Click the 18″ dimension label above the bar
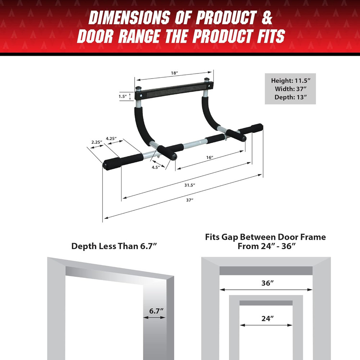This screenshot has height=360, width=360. point(174,73)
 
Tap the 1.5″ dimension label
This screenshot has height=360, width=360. point(122,96)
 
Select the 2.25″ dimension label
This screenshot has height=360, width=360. point(96,142)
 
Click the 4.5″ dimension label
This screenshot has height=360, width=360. point(156,167)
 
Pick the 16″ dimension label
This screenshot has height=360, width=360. point(210,157)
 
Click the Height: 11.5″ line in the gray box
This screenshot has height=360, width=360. point(290,81)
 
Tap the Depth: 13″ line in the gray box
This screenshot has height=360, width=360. point(290,97)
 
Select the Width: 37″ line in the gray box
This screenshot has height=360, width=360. point(290,89)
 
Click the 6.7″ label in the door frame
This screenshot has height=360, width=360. point(155,311)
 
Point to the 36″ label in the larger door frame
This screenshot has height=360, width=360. point(267,283)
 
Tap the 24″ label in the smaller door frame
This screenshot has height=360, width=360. point(267,318)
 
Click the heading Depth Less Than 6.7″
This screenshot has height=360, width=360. point(114,246)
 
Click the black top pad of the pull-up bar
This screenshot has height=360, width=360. point(174,89)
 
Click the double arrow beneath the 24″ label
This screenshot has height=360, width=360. point(266,325)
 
